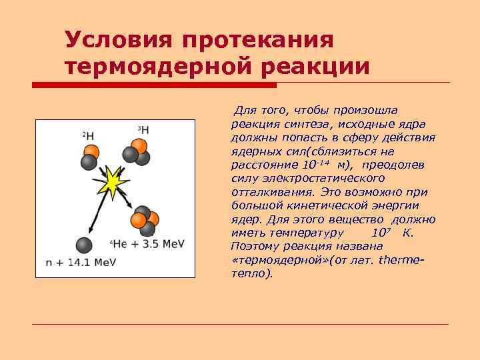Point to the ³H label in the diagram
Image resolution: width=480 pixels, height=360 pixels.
tap(143, 129)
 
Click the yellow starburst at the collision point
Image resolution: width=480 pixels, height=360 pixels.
tap(114, 179)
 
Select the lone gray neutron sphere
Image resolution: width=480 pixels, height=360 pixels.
tap(83, 245)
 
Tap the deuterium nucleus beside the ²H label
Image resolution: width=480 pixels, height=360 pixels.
tap(89, 157)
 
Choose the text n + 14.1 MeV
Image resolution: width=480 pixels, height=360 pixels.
tap(81, 262)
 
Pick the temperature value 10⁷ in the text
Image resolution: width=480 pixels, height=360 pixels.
tap(380, 233)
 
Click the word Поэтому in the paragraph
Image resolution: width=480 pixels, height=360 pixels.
tap(254, 247)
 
